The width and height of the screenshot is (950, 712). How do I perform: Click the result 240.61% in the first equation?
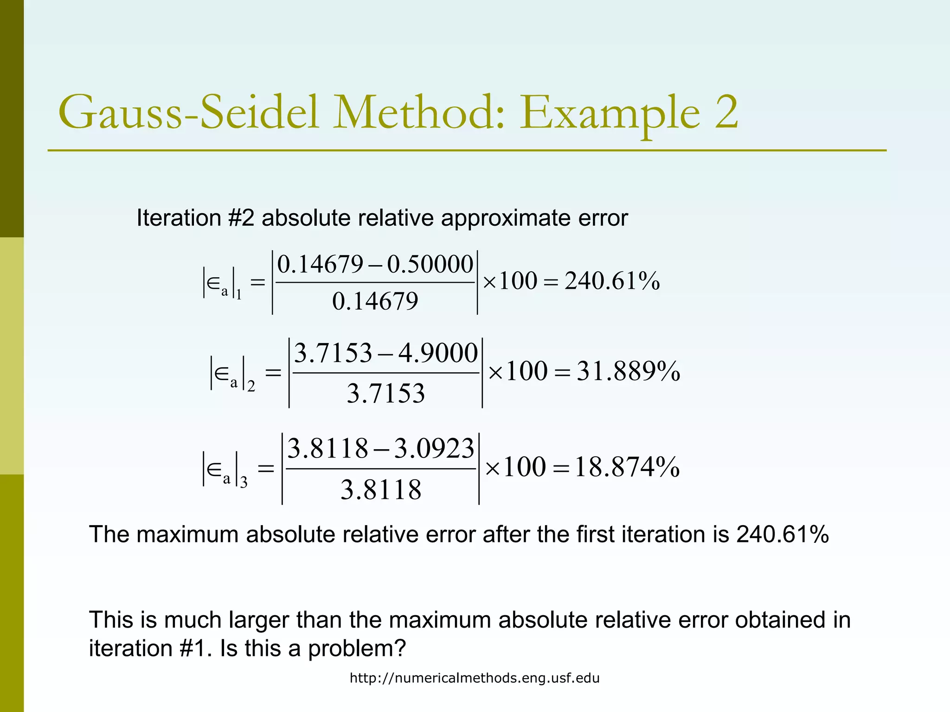612,281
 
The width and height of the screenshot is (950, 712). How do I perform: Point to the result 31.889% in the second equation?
628,372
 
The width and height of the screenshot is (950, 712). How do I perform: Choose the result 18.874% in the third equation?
627,467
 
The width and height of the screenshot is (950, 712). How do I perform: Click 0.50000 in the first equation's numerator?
430,265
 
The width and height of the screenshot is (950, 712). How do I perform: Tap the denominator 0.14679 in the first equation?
375,301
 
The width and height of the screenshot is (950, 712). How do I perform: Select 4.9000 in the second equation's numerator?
438,353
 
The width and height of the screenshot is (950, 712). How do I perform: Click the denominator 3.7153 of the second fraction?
385,394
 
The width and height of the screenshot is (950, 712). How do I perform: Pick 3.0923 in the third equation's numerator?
434,449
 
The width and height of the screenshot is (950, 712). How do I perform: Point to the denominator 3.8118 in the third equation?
381,490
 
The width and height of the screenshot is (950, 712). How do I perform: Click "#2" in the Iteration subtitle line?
241,218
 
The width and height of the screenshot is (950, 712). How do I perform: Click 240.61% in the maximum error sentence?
782,534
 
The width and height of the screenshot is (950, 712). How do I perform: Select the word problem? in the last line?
357,648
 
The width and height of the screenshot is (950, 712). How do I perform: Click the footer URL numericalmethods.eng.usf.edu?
475,678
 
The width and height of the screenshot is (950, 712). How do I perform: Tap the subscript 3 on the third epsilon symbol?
244,483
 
